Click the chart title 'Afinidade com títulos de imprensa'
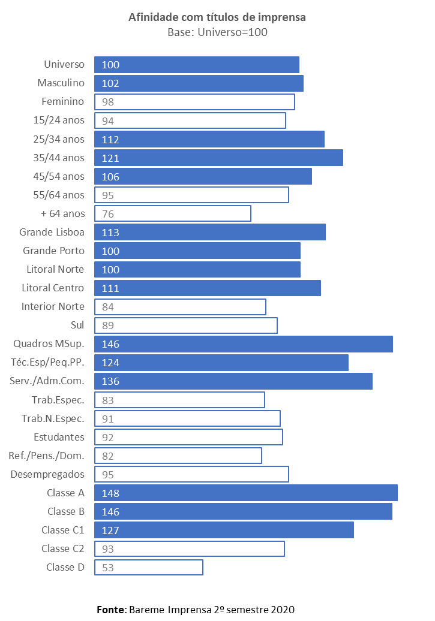pyautogui.click(x=217, y=17)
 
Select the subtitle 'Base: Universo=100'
pyautogui.click(x=217, y=32)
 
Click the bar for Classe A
pyautogui.click(x=246, y=493)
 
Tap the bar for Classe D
pyautogui.click(x=149, y=567)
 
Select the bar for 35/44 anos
pyautogui.click(x=219, y=158)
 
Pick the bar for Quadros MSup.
pyautogui.click(x=244, y=344)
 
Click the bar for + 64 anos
pyautogui.click(x=173, y=213)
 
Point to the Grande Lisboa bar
pyautogui.click(x=210, y=232)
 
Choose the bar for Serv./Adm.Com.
pyautogui.click(x=233, y=381)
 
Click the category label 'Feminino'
pyautogui.click(x=63, y=101)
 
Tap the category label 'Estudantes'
pyautogui.click(x=59, y=437)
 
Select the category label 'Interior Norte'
pyautogui.click(x=53, y=306)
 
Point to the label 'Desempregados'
pyautogui.click(x=47, y=474)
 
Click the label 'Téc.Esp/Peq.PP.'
pyautogui.click(x=47, y=362)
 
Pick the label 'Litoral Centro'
pyautogui.click(x=53, y=288)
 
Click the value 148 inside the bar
pyautogui.click(x=110, y=493)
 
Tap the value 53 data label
pyautogui.click(x=108, y=568)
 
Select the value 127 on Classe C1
pyautogui.click(x=110, y=530)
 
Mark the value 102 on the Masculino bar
pyautogui.click(x=110, y=83)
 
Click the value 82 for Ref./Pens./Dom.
pyautogui.click(x=108, y=456)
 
